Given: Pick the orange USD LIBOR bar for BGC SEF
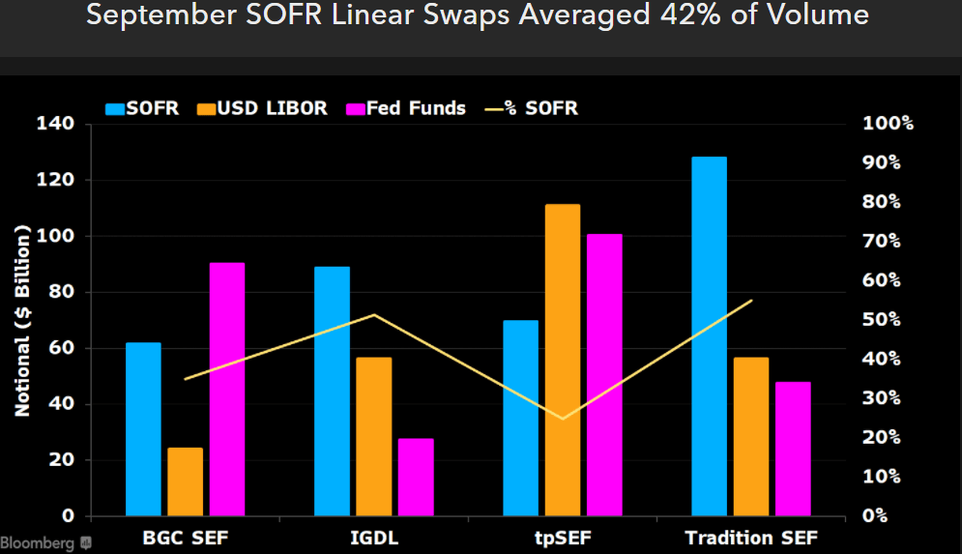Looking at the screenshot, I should (x=185, y=481).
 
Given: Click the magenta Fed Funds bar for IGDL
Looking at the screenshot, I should (x=416, y=477).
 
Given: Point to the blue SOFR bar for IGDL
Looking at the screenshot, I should (x=332, y=391).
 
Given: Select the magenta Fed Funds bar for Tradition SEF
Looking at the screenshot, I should (x=793, y=449).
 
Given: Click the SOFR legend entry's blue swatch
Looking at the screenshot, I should (x=115, y=108).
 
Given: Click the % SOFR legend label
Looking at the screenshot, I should (x=545, y=108).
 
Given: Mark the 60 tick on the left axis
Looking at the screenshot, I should (x=60, y=348).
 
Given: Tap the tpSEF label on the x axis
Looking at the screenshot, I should (x=562, y=538).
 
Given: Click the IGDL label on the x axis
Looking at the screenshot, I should (x=373, y=538).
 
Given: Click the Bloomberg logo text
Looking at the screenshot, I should (x=38, y=543).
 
